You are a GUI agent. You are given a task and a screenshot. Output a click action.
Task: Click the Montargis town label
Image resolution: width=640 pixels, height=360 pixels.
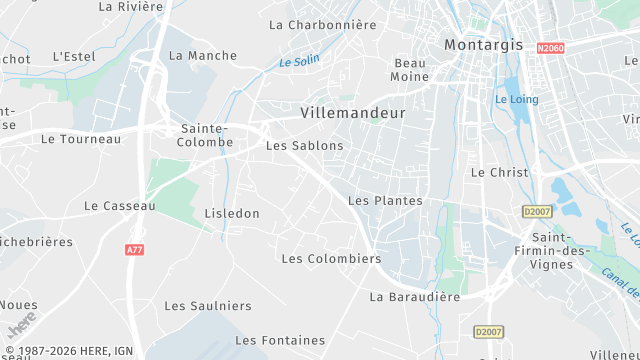(484, 45)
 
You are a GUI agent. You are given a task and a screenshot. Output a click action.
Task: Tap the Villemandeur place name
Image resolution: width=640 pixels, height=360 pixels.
(353, 113)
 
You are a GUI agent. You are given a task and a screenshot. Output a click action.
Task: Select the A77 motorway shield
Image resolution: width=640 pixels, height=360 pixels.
(135, 249)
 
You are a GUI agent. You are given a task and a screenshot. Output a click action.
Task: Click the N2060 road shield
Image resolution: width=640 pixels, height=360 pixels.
(550, 48)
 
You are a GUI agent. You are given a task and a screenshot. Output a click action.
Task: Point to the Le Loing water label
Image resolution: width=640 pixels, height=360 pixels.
(516, 99)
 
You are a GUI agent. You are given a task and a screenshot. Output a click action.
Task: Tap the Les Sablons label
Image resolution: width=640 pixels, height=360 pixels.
(304, 146)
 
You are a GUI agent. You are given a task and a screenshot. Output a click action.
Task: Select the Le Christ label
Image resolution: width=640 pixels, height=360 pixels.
(499, 172)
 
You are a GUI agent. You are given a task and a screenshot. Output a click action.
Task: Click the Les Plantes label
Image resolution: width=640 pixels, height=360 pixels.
(385, 201)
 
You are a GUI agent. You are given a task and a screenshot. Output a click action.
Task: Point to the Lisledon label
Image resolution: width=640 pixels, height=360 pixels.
(232, 214)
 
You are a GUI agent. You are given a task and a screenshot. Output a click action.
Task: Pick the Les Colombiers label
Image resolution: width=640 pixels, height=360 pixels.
(331, 259)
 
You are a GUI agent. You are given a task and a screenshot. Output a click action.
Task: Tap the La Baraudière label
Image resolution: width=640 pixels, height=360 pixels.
(415, 297)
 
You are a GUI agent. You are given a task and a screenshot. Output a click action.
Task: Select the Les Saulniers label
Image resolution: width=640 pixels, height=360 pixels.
(208, 306)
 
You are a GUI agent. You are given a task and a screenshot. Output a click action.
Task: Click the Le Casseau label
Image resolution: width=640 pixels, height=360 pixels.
(120, 206)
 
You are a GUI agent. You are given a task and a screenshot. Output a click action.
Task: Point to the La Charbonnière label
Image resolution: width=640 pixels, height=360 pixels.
(323, 24)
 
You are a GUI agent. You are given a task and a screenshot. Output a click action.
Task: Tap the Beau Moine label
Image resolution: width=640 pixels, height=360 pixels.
(410, 69)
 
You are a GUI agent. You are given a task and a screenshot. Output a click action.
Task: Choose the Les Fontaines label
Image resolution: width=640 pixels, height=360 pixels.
(280, 341)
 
